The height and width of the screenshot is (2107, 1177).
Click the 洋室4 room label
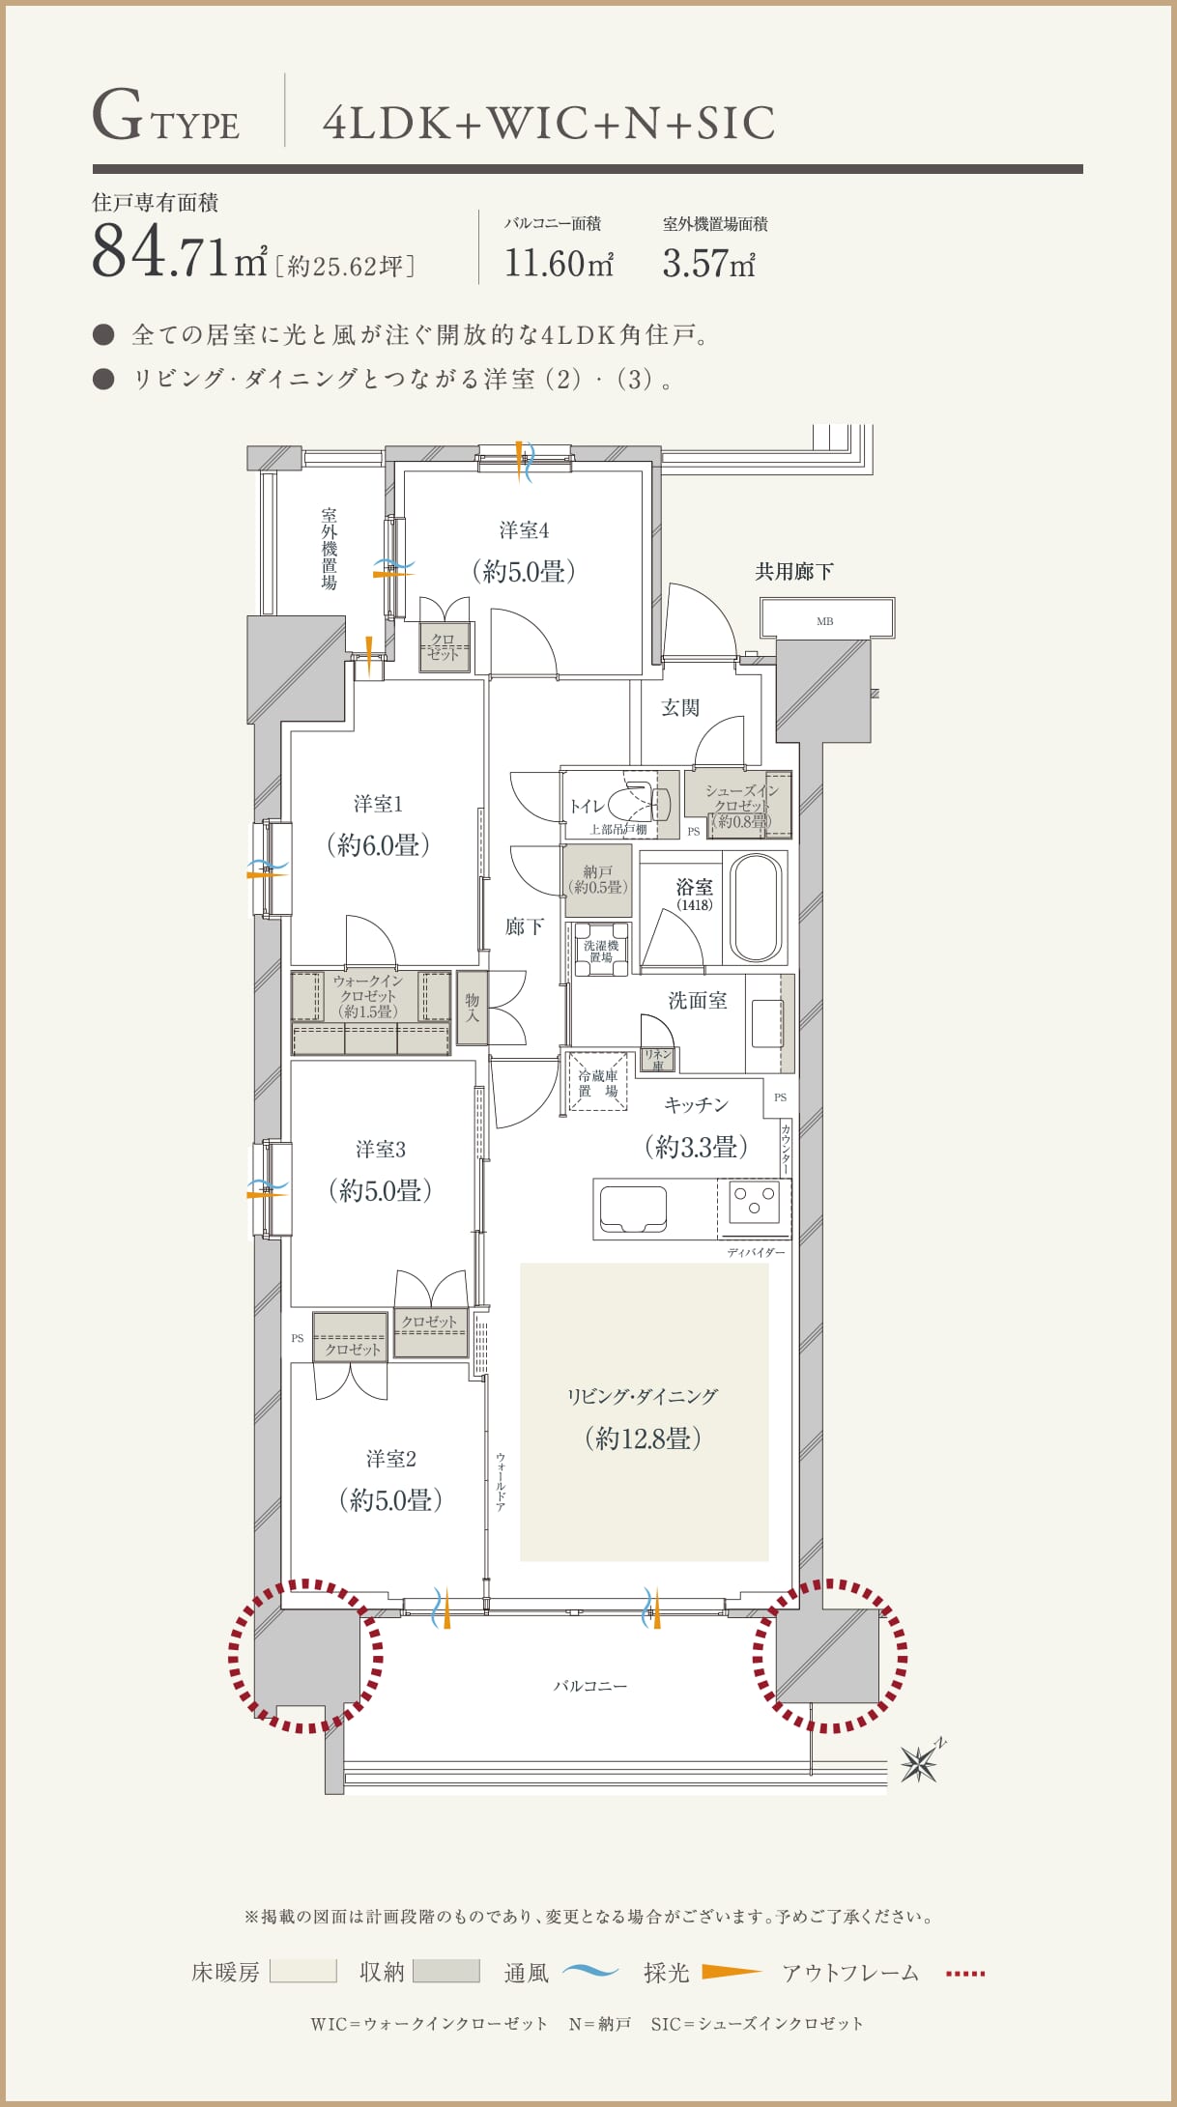click(x=524, y=530)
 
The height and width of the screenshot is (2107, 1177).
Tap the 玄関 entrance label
click(x=680, y=707)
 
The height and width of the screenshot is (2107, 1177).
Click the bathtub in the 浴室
click(x=755, y=907)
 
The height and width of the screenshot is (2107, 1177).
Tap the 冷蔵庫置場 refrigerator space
click(x=598, y=1082)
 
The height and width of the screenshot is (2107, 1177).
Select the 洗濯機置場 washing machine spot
click(x=601, y=950)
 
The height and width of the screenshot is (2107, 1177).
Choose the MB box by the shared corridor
click(x=825, y=619)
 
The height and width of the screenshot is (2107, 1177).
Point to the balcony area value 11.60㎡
click(x=559, y=263)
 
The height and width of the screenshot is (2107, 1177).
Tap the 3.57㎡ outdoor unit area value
click(x=708, y=263)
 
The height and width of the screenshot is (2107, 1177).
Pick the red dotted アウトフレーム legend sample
click(x=965, y=1973)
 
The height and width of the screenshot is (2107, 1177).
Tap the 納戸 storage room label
click(x=598, y=879)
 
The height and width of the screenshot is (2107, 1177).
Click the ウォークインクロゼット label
click(x=368, y=996)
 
